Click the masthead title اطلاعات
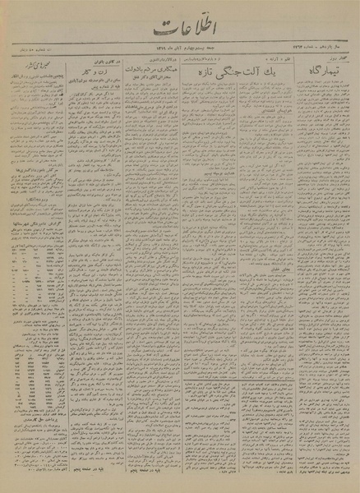(x=180, y=32)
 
